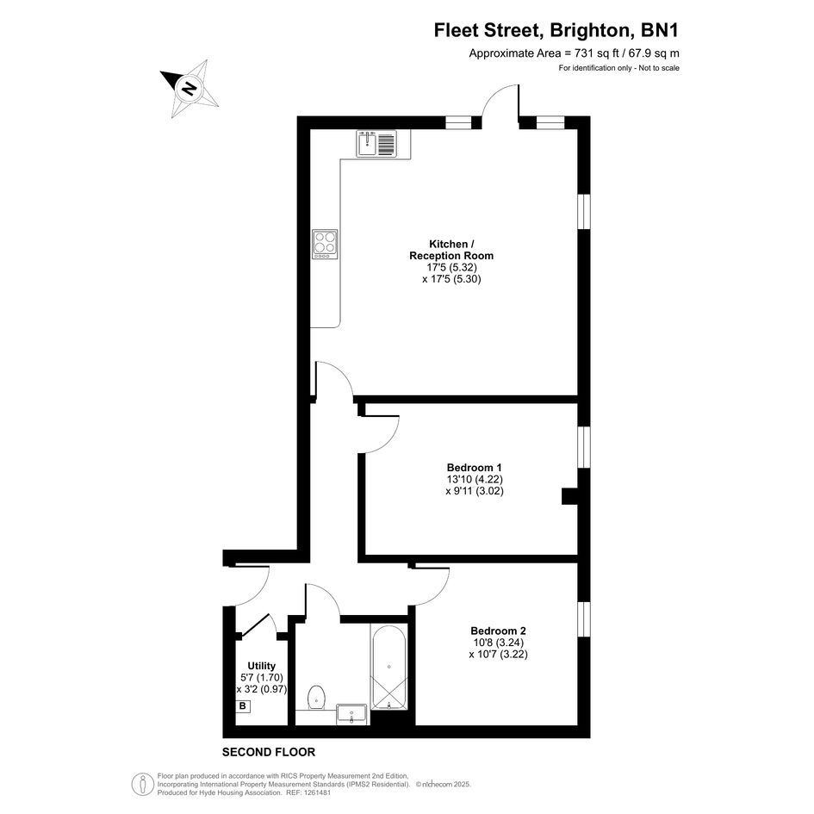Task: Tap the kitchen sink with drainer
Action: pyautogui.click(x=376, y=143)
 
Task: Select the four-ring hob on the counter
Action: pyautogui.click(x=325, y=244)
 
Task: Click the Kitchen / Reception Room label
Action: pyautogui.click(x=451, y=250)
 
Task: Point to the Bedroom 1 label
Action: pyautogui.click(x=475, y=467)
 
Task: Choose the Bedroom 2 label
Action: pyautogui.click(x=499, y=631)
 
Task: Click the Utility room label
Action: pyautogui.click(x=262, y=666)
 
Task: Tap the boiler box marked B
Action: pyautogui.click(x=242, y=706)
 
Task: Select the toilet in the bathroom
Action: pyautogui.click(x=316, y=697)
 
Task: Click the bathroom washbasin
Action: pyautogui.click(x=351, y=714)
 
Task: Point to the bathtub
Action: pyautogui.click(x=388, y=667)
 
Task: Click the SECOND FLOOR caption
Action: pyautogui.click(x=269, y=752)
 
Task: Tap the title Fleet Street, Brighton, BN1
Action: pyautogui.click(x=556, y=30)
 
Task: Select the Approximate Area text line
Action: pyautogui.click(x=575, y=53)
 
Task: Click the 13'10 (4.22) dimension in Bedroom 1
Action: pyautogui.click(x=475, y=479)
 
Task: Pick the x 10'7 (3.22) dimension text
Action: pyautogui.click(x=499, y=654)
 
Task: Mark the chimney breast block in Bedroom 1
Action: pyautogui.click(x=570, y=495)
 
